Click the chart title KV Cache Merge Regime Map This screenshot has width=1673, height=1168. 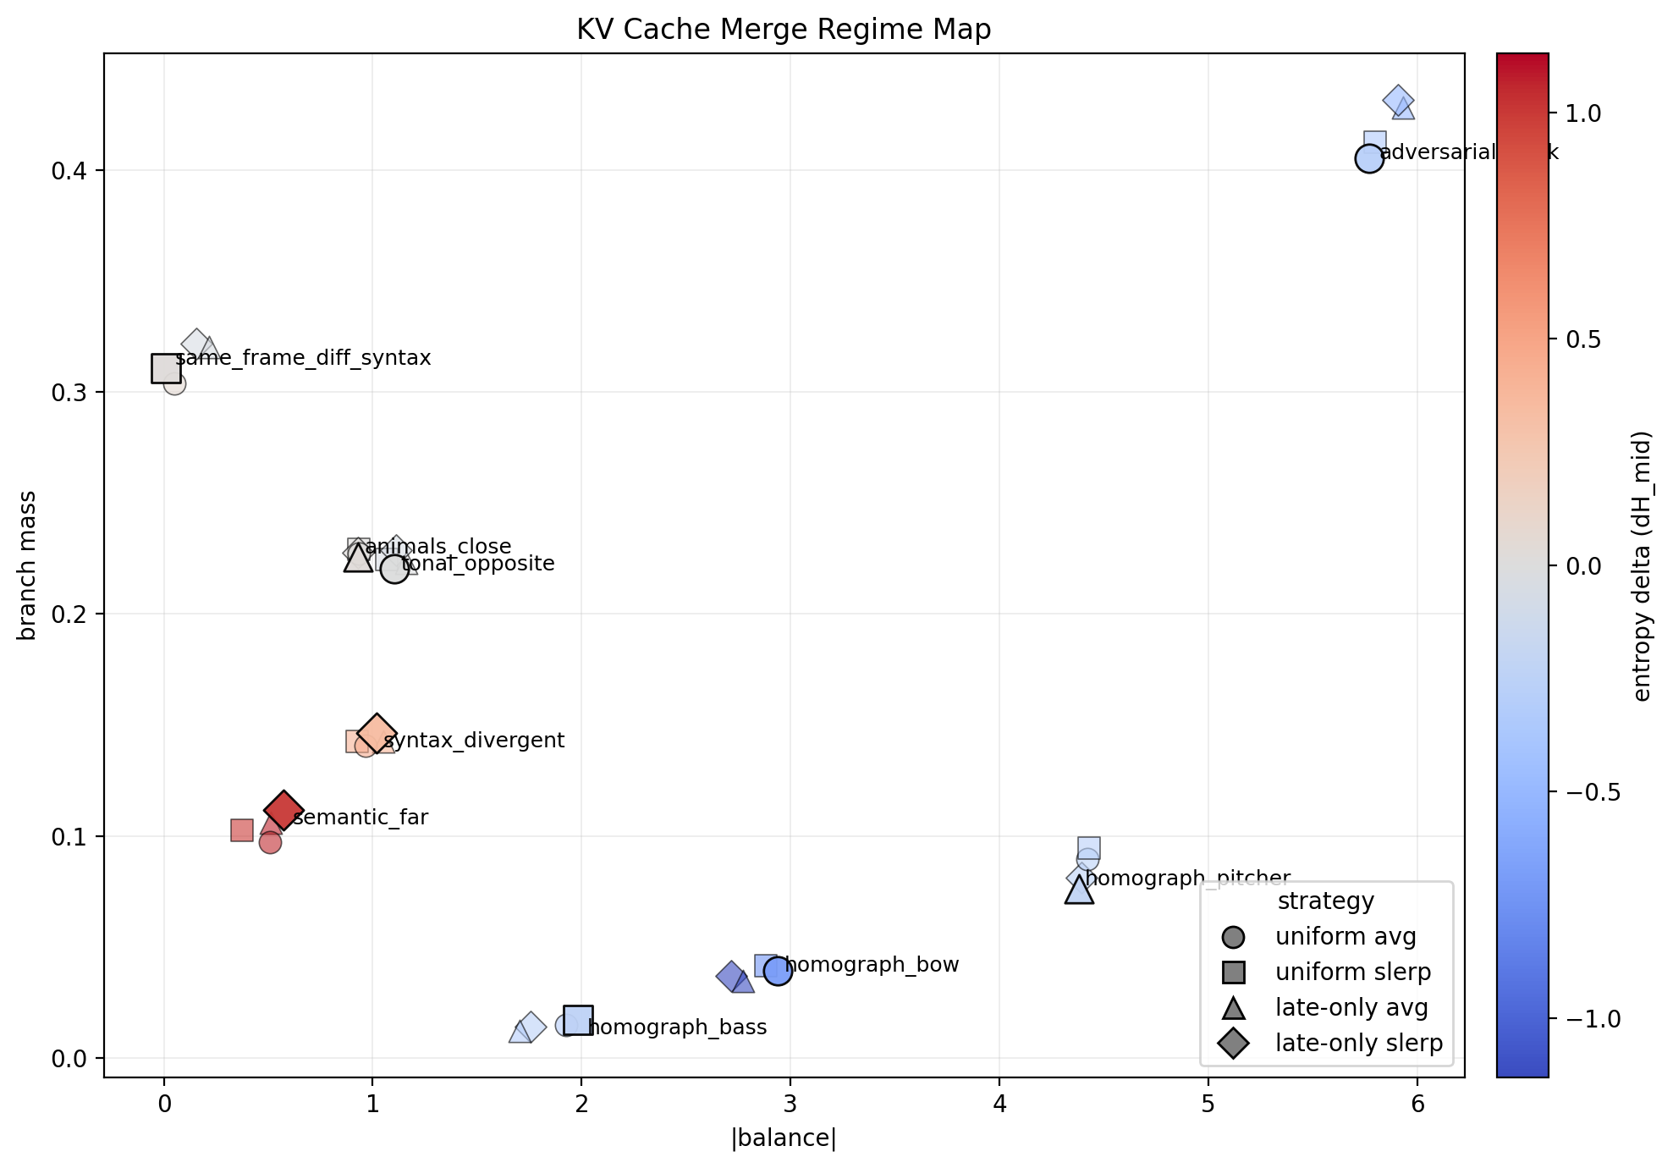(x=783, y=30)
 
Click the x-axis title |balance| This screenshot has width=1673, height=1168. (x=783, y=1138)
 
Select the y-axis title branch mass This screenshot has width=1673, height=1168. (x=27, y=565)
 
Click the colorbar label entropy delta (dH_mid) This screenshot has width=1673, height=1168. (x=1642, y=565)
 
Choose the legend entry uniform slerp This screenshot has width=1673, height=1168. (x=1352, y=972)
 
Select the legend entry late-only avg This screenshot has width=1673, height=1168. (x=1351, y=1007)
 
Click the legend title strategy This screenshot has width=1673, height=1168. (x=1325, y=901)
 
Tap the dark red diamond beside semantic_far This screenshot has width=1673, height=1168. (x=283, y=810)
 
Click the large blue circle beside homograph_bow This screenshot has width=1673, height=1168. (x=778, y=972)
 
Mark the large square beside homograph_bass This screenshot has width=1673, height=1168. (x=578, y=1020)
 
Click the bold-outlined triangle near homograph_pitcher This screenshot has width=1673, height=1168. (x=1079, y=890)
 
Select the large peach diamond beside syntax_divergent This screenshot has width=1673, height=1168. (x=377, y=734)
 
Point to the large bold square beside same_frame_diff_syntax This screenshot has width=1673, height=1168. (x=166, y=368)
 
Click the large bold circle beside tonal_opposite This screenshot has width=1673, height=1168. (x=394, y=569)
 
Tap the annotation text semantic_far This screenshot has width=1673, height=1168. (x=360, y=818)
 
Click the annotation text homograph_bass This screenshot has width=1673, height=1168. (x=677, y=1028)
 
